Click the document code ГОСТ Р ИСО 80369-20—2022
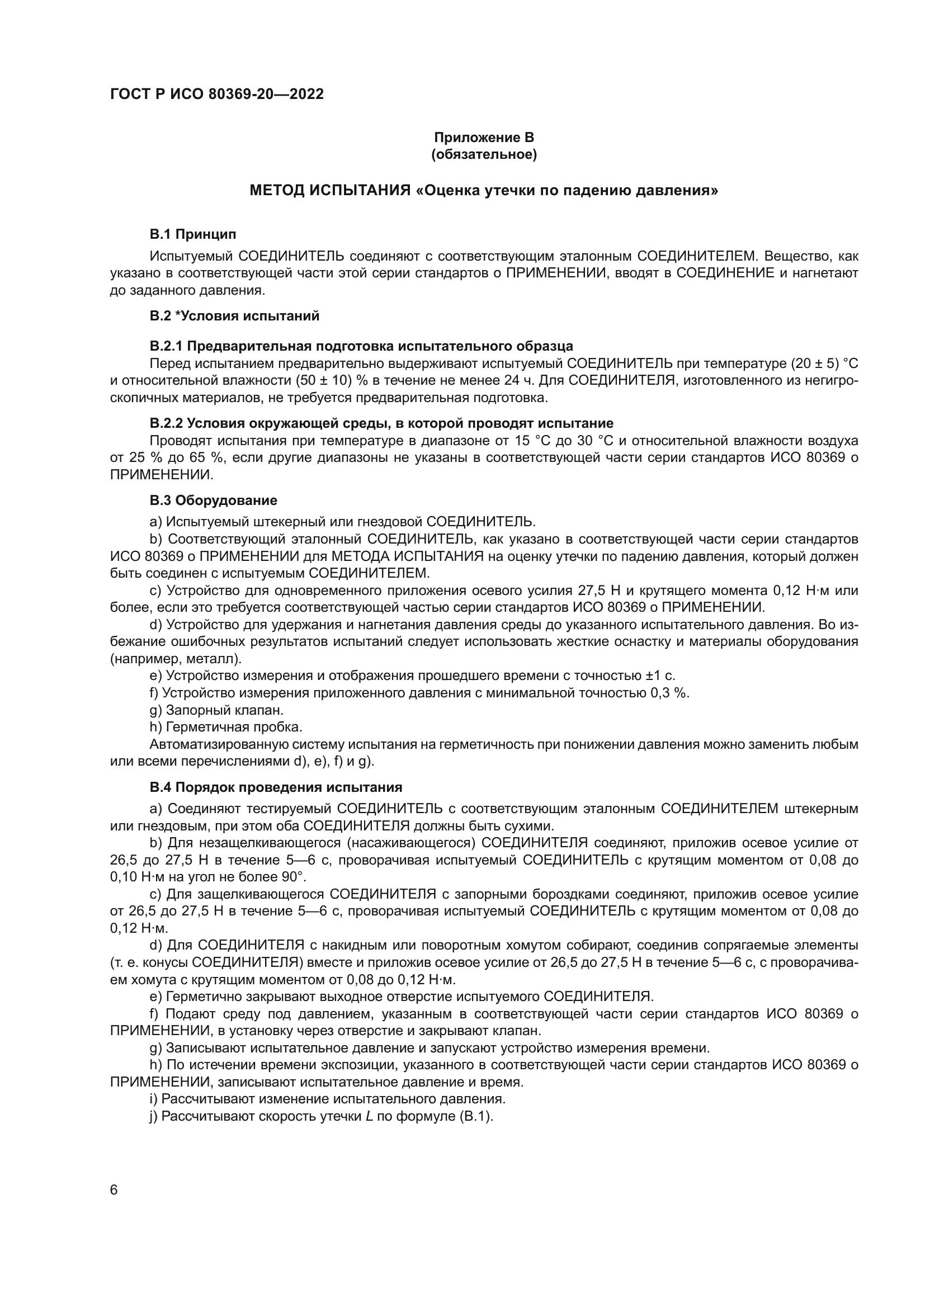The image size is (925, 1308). click(216, 95)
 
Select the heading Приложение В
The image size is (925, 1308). click(484, 138)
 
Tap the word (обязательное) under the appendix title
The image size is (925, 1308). click(484, 154)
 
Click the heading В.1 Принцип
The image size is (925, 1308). click(192, 234)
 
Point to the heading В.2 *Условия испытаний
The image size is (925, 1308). click(234, 316)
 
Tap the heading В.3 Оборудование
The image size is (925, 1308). click(213, 500)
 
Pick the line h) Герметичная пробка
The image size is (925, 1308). click(225, 728)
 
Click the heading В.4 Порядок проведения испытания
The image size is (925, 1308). click(276, 788)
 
